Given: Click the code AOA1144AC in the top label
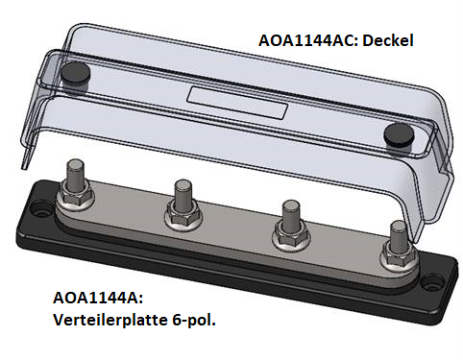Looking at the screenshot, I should [x=305, y=42].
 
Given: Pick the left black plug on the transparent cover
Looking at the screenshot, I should [x=74, y=73].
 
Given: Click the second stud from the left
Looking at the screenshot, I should [x=179, y=200].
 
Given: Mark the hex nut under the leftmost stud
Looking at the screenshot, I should [x=73, y=201].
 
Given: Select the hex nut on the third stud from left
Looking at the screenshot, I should [x=286, y=237].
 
